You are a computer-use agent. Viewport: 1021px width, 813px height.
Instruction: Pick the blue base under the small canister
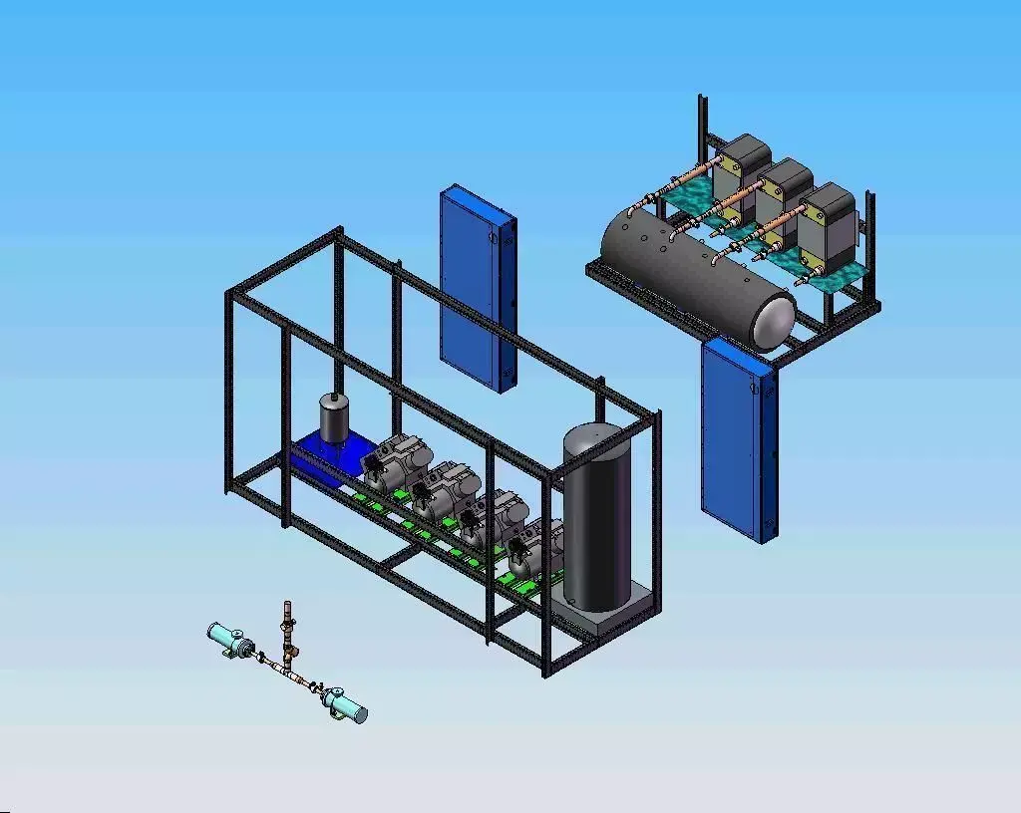point(324,460)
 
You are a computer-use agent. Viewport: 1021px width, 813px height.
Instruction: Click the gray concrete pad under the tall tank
point(608,618)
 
